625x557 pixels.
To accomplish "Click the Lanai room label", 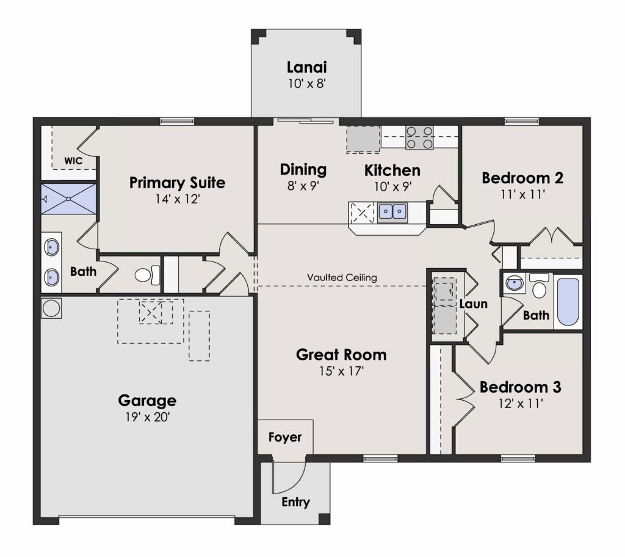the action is (306, 67).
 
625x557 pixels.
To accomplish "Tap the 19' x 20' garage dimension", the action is (148, 417).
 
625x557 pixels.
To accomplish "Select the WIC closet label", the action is (73, 161).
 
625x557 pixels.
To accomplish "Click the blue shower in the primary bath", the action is (69, 198).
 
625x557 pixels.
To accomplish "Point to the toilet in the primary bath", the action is (147, 275).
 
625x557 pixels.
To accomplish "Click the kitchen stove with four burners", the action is (419, 137).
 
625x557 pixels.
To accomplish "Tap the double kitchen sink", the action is (392, 212).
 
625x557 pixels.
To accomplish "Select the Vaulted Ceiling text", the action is (342, 277).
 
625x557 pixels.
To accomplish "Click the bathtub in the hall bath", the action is (568, 302).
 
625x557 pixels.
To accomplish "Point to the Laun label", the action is (473, 304).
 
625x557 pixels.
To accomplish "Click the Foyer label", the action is (284, 437).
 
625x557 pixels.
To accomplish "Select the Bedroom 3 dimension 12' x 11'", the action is (521, 404).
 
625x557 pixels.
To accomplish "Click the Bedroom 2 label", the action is (522, 178).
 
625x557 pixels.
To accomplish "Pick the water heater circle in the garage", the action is (51, 308).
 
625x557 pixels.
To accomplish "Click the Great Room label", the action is (341, 355).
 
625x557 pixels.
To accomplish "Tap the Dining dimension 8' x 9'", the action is (303, 186).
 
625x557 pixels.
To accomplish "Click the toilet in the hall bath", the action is (539, 286).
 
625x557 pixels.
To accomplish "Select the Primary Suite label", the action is (178, 183).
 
